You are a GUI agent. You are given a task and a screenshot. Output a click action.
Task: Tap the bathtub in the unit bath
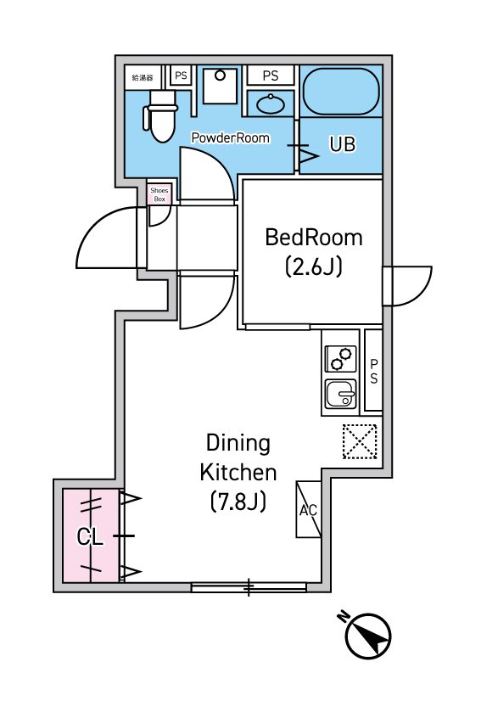pos(341,93)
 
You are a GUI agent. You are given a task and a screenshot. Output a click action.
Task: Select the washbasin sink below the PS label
pos(271,104)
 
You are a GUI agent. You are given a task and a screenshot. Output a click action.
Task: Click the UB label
pos(342,144)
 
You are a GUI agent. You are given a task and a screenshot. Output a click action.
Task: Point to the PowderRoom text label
pos(231,137)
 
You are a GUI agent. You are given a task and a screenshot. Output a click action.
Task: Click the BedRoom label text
pos(314,238)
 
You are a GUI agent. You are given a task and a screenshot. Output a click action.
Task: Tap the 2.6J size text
pos(314,266)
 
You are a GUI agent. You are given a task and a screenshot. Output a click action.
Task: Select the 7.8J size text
pos(238,502)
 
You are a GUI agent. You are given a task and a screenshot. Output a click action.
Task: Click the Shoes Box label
pos(159,195)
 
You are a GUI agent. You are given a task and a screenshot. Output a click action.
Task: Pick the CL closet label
pos(90,537)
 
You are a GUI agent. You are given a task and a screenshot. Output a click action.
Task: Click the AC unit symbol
pos(309,510)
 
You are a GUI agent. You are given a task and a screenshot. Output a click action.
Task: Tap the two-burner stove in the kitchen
pos(341,359)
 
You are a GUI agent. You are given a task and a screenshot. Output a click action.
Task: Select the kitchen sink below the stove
pos(341,394)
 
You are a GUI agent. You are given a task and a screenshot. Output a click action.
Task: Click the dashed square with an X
pos(360,441)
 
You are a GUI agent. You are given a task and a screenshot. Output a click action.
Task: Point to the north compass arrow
pos(368,636)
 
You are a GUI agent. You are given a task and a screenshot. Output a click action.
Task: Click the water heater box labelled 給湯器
pos(143,77)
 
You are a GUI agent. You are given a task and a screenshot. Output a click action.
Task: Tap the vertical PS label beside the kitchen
pos(374,372)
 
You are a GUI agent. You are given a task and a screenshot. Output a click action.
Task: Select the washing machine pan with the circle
pos(220,86)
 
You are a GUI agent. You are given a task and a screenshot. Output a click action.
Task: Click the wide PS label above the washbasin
pos(271,76)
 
